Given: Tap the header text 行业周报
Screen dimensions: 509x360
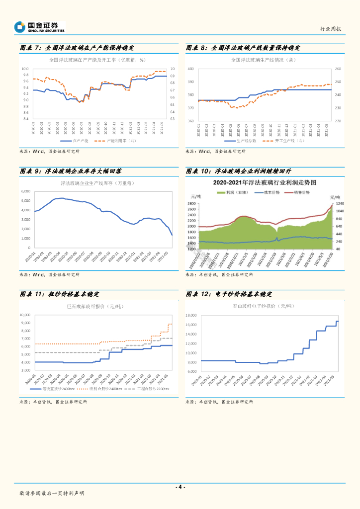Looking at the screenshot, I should coord(331,29).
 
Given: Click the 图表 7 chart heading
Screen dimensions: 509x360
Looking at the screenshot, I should coord(77,48).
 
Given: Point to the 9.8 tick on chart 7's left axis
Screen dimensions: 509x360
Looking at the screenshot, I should coord(25,75).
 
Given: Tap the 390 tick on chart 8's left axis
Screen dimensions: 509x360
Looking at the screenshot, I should coord(190,82).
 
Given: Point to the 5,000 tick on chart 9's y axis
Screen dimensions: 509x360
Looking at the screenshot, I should coord(25,200).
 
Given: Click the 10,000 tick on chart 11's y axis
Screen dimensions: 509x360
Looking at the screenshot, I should coord(25,315).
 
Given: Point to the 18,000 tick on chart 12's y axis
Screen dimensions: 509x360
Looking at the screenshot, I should coord(191,315).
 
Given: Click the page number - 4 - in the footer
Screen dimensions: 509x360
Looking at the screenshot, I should coord(180,487).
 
